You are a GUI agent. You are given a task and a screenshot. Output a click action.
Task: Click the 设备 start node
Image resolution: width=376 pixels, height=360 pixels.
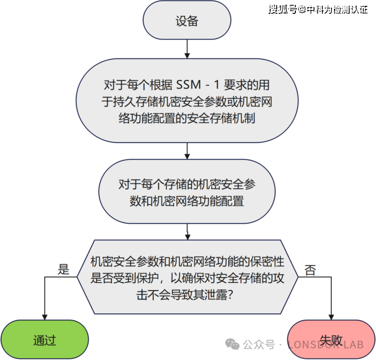(187, 22)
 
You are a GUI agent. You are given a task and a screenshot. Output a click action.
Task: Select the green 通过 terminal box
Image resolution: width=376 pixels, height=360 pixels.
(44, 340)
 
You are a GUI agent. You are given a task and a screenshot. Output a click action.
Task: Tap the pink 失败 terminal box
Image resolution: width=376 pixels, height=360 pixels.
(331, 340)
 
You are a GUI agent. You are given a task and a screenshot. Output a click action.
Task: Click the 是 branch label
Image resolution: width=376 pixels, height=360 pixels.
(64, 270)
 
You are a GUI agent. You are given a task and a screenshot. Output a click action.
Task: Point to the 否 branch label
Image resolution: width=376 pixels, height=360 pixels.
(311, 270)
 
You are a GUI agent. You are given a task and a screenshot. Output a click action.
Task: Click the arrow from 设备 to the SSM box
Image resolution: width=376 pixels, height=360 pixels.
(187, 50)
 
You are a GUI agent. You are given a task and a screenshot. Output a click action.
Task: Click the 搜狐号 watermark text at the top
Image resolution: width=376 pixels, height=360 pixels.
(283, 9)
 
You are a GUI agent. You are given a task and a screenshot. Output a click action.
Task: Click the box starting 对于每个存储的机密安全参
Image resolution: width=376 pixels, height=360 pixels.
(187, 193)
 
